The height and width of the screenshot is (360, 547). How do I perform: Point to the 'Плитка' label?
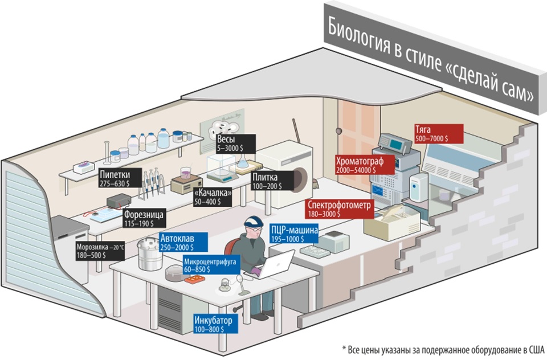(x=269, y=182)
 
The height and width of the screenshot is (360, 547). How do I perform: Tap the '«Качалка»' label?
(x=213, y=197)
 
